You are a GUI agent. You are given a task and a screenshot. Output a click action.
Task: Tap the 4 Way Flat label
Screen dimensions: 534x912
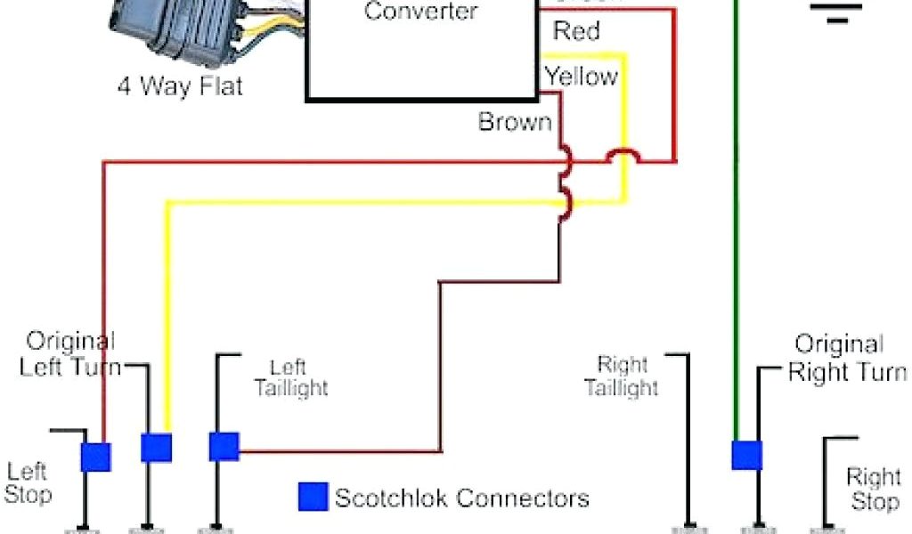(180, 87)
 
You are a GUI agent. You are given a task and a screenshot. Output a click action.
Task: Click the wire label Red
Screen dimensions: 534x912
(576, 31)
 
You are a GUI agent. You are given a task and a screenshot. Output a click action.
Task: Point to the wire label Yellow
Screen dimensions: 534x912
(582, 77)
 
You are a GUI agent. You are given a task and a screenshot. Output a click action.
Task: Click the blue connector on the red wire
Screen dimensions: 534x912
(95, 457)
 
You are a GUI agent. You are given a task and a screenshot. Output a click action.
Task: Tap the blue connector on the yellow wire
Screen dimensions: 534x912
(156, 448)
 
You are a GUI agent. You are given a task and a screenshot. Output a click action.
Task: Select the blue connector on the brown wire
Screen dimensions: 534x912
(224, 446)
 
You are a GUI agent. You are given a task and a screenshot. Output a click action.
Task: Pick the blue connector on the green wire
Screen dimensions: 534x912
(746, 455)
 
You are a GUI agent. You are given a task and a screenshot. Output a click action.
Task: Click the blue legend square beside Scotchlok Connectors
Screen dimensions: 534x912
(312, 497)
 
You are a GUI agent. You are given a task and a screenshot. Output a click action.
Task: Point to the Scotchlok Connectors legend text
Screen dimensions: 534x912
(461, 498)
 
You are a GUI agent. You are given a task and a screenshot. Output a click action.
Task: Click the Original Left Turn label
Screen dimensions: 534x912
(70, 353)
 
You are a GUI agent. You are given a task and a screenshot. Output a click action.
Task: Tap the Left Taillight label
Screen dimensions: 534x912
(290, 377)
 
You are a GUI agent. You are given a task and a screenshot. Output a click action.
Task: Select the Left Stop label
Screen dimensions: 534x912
(28, 483)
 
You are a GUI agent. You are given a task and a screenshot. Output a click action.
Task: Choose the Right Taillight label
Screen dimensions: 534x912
(623, 376)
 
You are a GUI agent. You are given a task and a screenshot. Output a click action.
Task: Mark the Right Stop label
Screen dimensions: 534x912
(873, 489)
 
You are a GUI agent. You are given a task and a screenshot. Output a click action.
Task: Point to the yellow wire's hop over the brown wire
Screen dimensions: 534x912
(564, 202)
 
